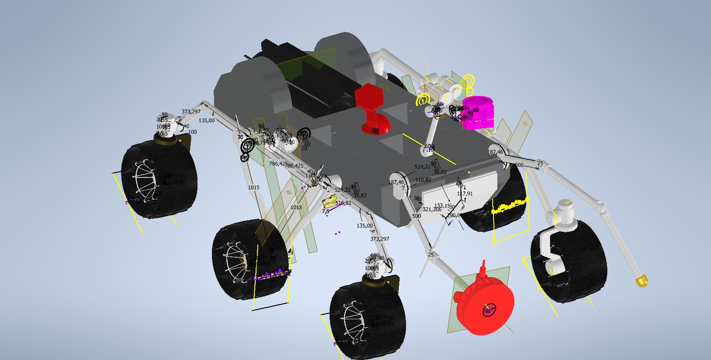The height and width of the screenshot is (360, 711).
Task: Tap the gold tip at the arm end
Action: (641, 281)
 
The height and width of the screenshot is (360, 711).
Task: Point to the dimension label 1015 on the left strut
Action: (254, 188)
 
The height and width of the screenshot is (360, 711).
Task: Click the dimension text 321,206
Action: (432, 209)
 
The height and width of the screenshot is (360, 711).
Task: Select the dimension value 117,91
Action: (465, 194)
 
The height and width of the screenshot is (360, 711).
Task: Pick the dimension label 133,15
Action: (442, 206)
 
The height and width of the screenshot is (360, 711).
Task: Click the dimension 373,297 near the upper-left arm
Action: (191, 112)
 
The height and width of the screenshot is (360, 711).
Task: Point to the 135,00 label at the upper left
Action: (206, 121)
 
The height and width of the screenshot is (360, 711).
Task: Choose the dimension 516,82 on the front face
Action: (423, 180)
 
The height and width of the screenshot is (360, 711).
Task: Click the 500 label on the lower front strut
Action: (416, 216)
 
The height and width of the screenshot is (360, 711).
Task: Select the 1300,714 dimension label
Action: (316, 176)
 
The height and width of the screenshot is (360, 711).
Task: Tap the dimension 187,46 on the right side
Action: (495, 152)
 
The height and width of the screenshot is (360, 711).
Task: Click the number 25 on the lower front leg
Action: (431, 255)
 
